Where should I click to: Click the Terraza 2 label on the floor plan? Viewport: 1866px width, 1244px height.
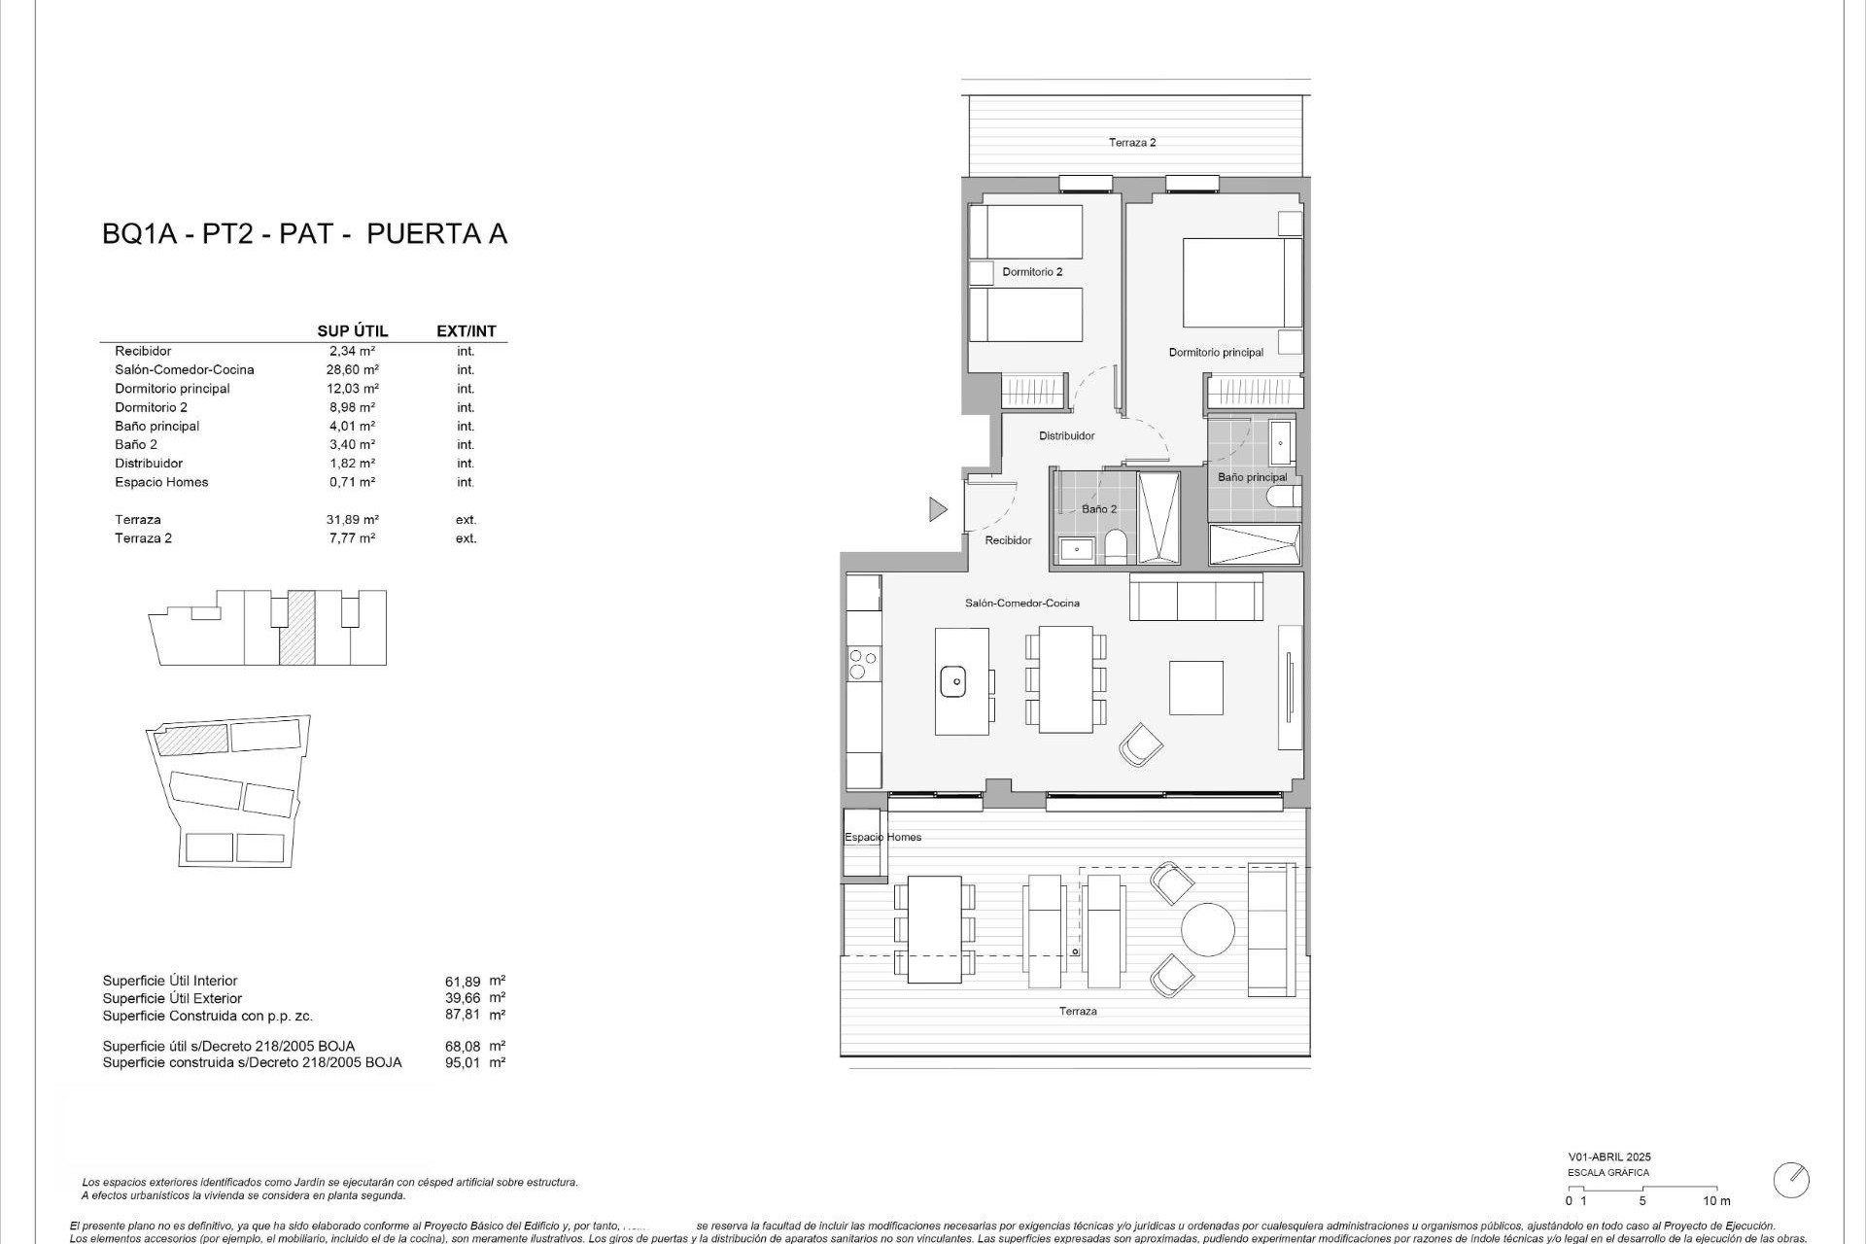pyautogui.click(x=1132, y=143)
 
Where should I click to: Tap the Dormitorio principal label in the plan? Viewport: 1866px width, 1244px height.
pyautogui.click(x=1216, y=353)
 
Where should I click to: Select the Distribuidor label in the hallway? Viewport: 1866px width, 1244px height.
pyautogui.click(x=1066, y=436)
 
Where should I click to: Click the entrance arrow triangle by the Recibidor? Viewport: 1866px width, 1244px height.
pyautogui.click(x=937, y=509)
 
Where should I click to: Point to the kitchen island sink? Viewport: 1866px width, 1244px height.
pyautogui.click(x=952, y=681)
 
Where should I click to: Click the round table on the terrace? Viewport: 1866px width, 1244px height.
pyautogui.click(x=1208, y=929)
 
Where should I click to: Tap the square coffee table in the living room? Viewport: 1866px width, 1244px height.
pyautogui.click(x=1195, y=687)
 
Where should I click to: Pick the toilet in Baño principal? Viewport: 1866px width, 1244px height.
pyautogui.click(x=1284, y=498)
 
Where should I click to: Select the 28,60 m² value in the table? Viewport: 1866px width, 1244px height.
pyautogui.click(x=352, y=370)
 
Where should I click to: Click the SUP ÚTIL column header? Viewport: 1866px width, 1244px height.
pyautogui.click(x=352, y=331)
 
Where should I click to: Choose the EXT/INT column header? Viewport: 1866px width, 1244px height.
pyautogui.click(x=466, y=331)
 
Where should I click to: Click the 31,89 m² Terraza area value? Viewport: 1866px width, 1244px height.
pyautogui.click(x=352, y=520)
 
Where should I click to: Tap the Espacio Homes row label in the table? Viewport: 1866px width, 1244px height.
pyautogui.click(x=161, y=482)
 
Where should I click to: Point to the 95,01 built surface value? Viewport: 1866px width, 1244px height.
pyautogui.click(x=463, y=1063)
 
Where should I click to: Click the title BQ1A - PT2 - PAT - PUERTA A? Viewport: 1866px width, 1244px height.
pyautogui.click(x=304, y=234)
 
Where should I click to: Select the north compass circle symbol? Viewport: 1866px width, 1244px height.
pyautogui.click(x=1790, y=1180)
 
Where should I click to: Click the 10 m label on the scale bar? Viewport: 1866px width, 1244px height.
pyautogui.click(x=1716, y=1201)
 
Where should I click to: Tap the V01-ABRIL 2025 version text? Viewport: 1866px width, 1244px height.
pyautogui.click(x=1608, y=1158)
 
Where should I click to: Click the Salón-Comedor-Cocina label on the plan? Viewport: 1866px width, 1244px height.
pyautogui.click(x=1021, y=604)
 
